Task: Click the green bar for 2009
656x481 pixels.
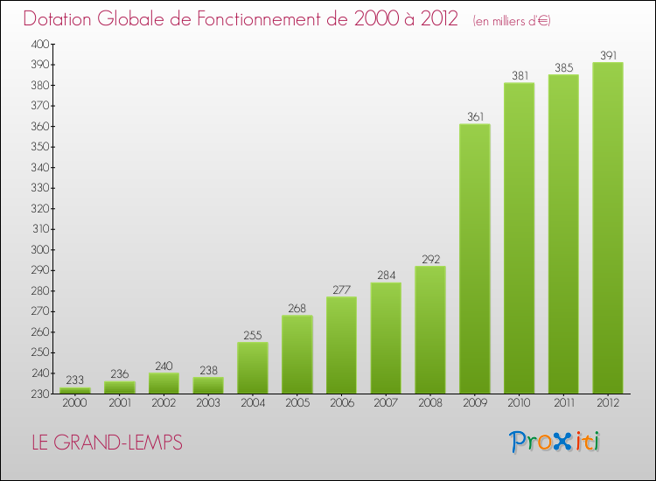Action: (x=475, y=259)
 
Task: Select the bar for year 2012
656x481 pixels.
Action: (x=608, y=228)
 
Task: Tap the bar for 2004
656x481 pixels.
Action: (x=253, y=367)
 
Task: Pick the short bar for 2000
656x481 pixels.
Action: (x=75, y=391)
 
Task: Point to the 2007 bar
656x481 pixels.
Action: (x=386, y=338)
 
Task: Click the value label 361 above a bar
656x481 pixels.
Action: (x=475, y=116)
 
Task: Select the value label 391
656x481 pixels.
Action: (x=608, y=55)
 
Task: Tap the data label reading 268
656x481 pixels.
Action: (x=297, y=308)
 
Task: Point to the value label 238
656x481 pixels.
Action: (x=208, y=370)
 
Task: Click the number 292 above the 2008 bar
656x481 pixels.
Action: (x=431, y=260)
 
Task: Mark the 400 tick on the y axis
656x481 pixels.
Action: (x=40, y=44)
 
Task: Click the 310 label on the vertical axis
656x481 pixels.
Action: (x=41, y=229)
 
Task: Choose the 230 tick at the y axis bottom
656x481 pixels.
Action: (x=40, y=394)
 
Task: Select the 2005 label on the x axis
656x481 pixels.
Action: (x=297, y=403)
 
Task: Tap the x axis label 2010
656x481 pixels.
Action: (x=520, y=403)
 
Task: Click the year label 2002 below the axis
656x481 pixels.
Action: (x=164, y=403)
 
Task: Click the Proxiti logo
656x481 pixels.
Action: (x=555, y=442)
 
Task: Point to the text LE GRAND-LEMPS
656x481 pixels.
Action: (x=107, y=443)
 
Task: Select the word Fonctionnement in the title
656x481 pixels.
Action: (x=272, y=18)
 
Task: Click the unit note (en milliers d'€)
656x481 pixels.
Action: (x=512, y=21)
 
